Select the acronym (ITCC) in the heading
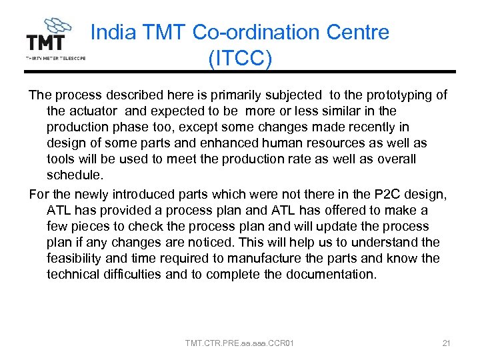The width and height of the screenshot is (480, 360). click(x=240, y=58)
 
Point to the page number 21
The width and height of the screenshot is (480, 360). click(x=447, y=343)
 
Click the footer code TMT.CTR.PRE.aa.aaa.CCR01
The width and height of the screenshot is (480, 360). click(x=240, y=343)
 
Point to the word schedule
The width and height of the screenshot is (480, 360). click(x=75, y=175)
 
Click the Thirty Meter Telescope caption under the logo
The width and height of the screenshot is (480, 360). click(x=55, y=58)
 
